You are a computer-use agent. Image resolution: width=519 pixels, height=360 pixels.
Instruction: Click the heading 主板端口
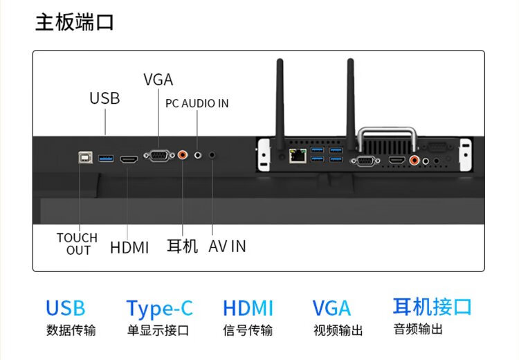pos(75,22)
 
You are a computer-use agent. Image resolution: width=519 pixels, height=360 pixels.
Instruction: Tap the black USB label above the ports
pos(104,98)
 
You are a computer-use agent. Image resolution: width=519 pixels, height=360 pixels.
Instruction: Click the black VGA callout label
pos(158,80)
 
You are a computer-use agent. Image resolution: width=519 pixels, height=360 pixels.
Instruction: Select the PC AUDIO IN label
pos(197,103)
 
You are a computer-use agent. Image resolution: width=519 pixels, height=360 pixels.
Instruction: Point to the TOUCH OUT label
pos(78,244)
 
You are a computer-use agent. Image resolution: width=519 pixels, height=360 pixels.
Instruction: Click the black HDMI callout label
pos(129,246)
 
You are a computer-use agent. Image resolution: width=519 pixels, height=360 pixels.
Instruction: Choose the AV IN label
pos(227,246)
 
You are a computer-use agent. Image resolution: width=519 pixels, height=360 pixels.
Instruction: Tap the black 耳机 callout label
pos(183,246)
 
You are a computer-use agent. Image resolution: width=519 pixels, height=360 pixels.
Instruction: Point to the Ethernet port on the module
pos(298,156)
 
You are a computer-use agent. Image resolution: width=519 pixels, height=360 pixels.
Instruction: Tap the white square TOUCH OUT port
pos(84,159)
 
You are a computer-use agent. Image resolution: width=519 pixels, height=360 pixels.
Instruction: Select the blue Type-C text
pos(159,308)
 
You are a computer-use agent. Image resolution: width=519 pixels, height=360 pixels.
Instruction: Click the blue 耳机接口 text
pos(432,306)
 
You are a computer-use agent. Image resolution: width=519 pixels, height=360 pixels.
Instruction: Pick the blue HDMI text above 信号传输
pos(248,308)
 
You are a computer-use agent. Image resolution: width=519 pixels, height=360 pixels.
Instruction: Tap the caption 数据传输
pos(71,330)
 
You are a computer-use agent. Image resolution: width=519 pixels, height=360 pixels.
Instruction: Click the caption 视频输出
pos(338,330)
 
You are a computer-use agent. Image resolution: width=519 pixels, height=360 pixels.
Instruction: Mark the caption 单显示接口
pos(158,330)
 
